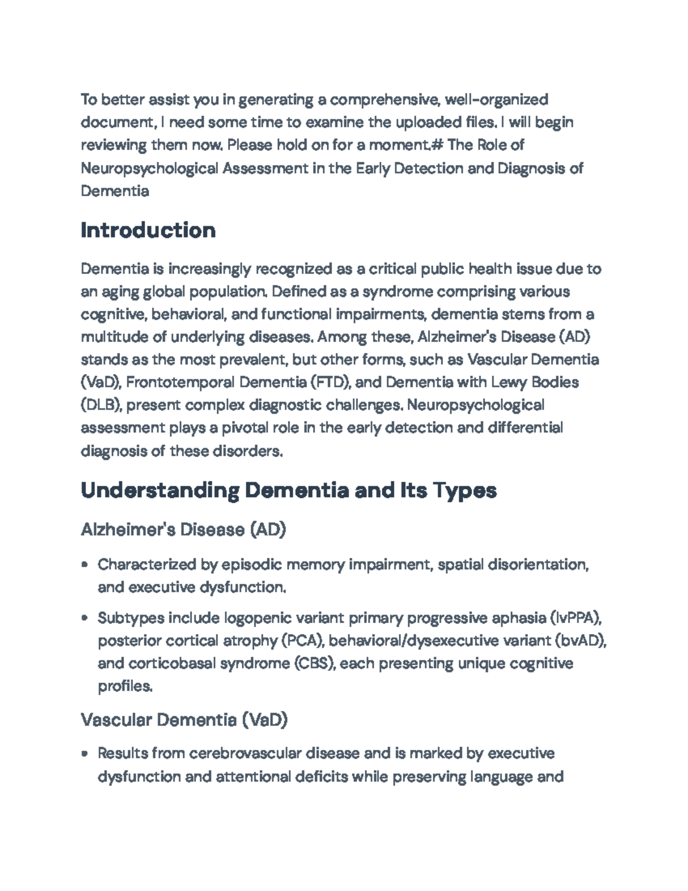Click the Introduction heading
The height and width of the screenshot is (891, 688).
click(148, 231)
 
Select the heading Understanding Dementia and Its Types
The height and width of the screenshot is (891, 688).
click(288, 491)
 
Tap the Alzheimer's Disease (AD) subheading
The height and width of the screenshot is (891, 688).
click(183, 529)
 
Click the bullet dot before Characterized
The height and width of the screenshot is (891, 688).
click(85, 565)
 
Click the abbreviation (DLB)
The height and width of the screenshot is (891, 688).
click(101, 405)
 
